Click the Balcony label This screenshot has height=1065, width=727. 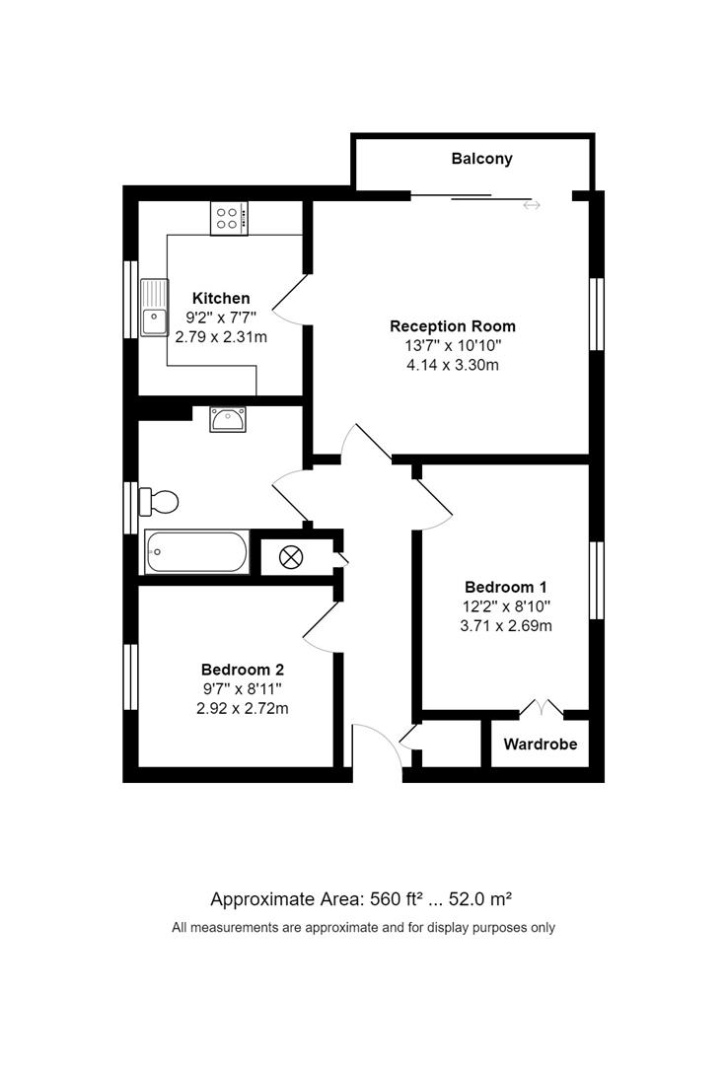pos(481,158)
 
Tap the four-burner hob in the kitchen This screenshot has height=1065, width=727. pos(229,218)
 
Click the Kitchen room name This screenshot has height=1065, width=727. pos(221,298)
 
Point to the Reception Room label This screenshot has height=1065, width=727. pos(452,325)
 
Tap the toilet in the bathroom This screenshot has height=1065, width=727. pos(160,502)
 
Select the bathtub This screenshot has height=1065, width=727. pos(196,552)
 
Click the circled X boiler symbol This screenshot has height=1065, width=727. pos(291,557)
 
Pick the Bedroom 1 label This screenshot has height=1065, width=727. pos(507,587)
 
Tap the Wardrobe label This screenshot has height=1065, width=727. pos(540,744)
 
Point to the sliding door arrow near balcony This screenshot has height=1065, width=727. pos(532,205)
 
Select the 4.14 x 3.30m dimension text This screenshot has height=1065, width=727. pos(453,365)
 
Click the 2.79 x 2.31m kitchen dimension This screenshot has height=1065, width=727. pos(221,337)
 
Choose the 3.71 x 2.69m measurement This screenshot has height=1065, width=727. pos(507,625)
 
